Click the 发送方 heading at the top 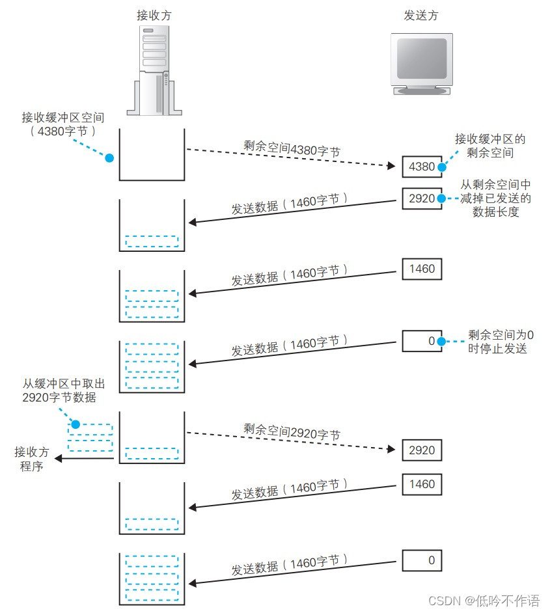(420, 16)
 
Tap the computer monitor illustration (422, 64)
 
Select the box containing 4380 (421, 167)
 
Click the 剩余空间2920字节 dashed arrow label (292, 431)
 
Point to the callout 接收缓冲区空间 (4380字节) (62, 124)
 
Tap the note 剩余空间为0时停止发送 (501, 342)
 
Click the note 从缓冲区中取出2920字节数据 (63, 390)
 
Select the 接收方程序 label (31, 458)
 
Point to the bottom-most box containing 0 (421, 560)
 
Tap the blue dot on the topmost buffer (109, 158)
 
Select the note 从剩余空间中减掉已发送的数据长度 (496, 198)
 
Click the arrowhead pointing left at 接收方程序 (59, 458)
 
